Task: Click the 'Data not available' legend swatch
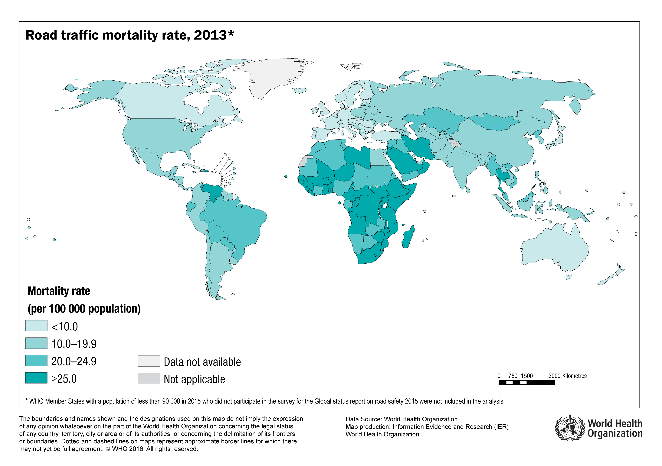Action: point(149,361)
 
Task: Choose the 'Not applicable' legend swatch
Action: point(149,378)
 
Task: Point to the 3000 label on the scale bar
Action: point(554,376)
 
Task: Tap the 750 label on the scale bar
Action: point(513,376)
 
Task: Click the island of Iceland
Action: point(300,90)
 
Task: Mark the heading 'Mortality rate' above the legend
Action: point(59,291)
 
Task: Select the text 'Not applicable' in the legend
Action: point(194,379)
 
